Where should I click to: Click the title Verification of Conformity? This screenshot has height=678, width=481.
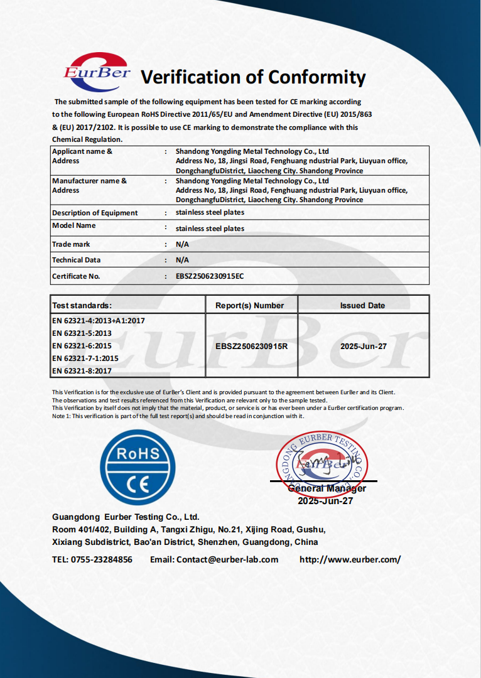tap(252, 77)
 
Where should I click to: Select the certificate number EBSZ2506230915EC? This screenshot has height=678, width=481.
tap(210, 276)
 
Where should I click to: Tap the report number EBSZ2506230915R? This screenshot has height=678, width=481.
tap(251, 346)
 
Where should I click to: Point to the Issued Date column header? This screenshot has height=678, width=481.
tap(362, 306)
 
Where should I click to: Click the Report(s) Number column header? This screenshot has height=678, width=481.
tap(249, 306)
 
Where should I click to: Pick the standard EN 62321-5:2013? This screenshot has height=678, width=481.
tap(82, 333)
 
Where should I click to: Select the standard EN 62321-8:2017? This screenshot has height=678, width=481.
tap(82, 371)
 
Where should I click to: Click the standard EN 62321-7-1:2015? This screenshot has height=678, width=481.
tap(85, 358)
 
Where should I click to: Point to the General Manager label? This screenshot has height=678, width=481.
tap(327, 488)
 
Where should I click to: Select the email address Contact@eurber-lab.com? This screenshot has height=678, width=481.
tap(227, 559)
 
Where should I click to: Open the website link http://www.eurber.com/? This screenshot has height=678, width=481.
tap(350, 559)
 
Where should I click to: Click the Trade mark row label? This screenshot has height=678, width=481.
tap(71, 244)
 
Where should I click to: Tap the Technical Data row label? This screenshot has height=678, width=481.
tap(76, 260)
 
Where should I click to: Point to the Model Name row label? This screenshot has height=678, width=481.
tap(73, 225)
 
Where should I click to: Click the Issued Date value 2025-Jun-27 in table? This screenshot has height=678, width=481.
tap(362, 346)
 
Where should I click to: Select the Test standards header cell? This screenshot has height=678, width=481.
tap(82, 306)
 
